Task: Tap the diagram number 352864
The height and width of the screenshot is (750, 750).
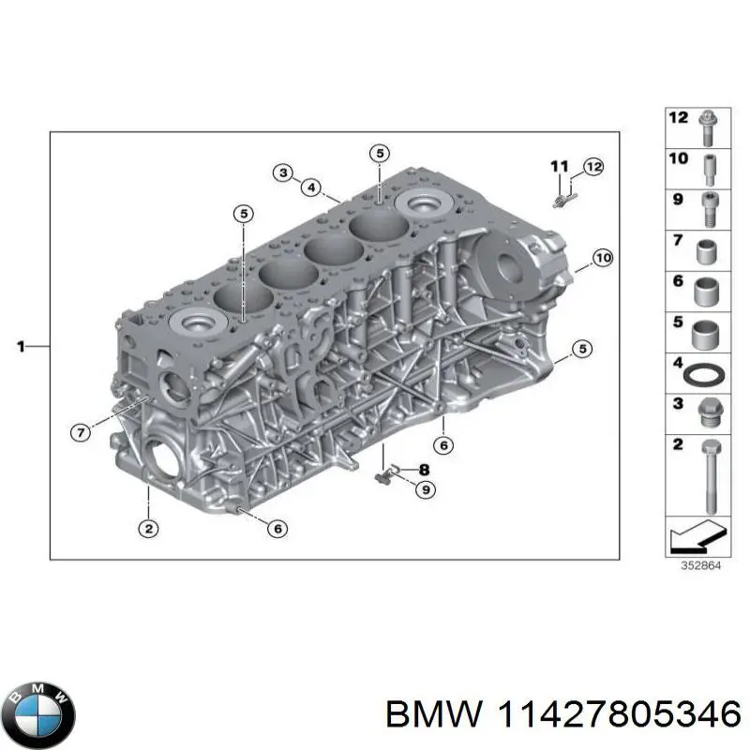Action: coord(700,566)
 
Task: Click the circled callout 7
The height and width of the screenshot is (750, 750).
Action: coord(81,433)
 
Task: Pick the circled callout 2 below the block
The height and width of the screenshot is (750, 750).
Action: coord(149,529)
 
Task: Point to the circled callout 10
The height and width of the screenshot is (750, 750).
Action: coord(603,259)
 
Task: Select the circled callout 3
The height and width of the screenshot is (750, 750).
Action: coord(283,172)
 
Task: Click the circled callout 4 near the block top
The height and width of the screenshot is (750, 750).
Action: coord(311,187)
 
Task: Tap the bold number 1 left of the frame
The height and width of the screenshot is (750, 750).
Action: coord(21,346)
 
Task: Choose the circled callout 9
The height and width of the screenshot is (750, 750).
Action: coord(426,489)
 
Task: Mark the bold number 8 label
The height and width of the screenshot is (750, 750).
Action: coord(424,471)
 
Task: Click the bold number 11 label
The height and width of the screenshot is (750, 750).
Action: coord(560,167)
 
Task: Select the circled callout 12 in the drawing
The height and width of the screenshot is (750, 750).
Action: coord(593,167)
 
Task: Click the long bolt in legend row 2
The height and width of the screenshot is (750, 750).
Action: coord(711,477)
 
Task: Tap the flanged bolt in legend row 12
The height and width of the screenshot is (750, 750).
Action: coord(707,127)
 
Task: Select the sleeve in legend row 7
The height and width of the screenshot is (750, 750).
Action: coord(707,252)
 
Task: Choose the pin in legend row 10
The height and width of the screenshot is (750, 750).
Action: coord(710,171)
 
